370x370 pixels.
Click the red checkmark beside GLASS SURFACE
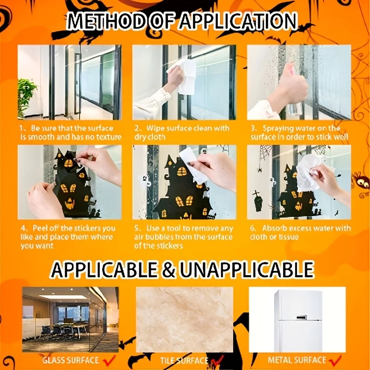point(109,361)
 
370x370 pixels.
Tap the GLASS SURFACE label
point(71,360)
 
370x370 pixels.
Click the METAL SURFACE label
point(297,360)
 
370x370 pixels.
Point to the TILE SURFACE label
point(184,361)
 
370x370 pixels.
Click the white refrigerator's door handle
point(302,318)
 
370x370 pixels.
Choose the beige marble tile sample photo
point(185,320)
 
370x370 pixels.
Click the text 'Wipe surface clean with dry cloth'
point(182,132)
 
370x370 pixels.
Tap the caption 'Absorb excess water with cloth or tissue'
point(300,233)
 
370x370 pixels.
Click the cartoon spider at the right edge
point(361,182)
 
